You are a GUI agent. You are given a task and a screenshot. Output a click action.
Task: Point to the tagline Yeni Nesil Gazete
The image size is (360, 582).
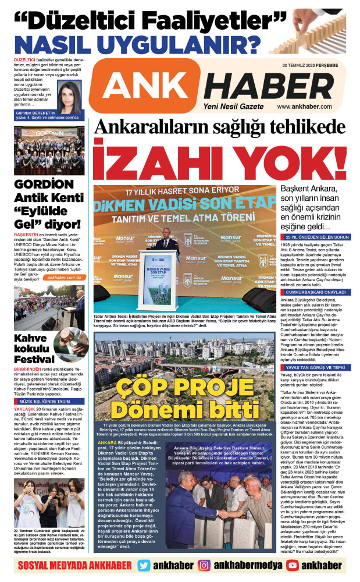tap(229, 107)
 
